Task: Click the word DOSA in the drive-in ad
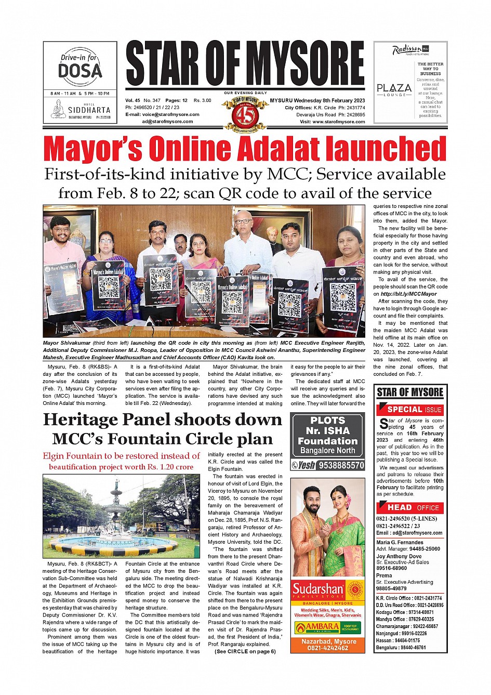tap(80, 71)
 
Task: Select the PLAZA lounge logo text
tap(394, 88)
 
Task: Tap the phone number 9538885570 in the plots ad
tap(341, 465)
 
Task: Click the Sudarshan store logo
tap(318, 589)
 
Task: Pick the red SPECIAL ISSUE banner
tap(409, 410)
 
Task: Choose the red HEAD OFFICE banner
tap(409, 507)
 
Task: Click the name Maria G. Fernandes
tap(400, 542)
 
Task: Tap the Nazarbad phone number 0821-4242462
tap(327, 648)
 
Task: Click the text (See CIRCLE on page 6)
tap(245, 651)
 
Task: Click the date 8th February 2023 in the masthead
tap(343, 100)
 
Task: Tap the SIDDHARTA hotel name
tap(89, 110)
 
